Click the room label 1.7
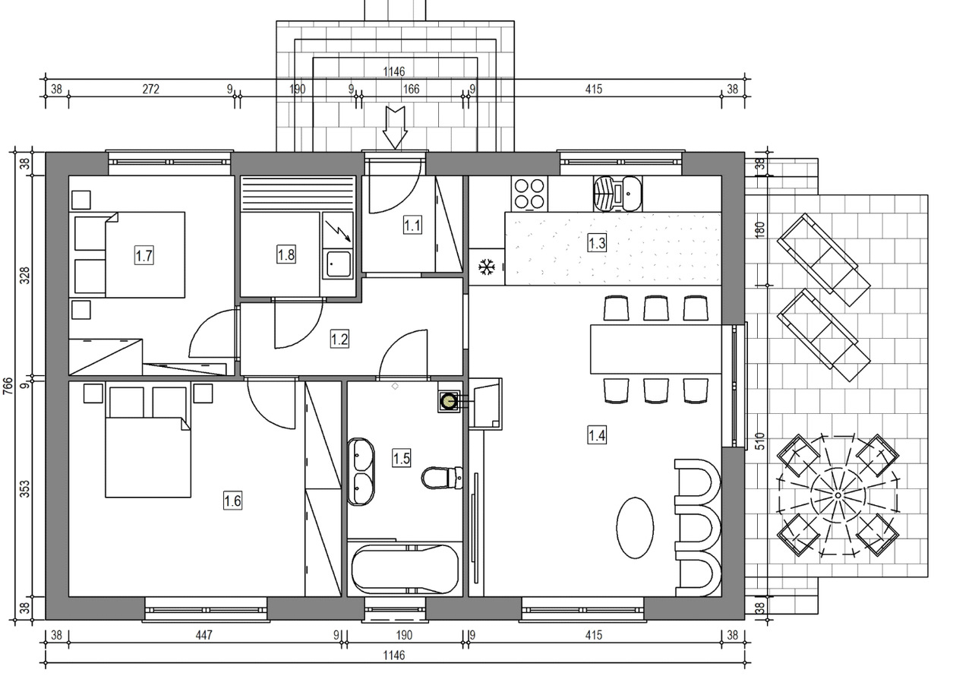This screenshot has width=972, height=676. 144,255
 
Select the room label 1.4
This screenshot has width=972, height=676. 597,434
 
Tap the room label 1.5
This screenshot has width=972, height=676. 401,458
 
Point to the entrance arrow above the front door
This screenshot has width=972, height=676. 394,128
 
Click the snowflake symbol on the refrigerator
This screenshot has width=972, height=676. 487,267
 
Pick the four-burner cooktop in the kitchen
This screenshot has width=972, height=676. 529,194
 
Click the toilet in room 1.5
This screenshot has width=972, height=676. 442,478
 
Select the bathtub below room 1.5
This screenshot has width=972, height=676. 405,569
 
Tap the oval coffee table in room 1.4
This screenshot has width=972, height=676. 635,528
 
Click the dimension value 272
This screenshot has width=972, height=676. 150,89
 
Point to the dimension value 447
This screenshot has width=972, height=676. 204,635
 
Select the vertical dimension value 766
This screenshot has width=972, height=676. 8,386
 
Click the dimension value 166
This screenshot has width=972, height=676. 411,89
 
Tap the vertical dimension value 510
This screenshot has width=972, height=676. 759,441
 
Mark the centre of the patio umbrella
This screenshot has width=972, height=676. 838,495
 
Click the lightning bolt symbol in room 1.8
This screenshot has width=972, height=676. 337,231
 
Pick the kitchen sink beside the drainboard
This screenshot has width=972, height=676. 631,194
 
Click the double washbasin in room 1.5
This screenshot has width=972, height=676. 361,472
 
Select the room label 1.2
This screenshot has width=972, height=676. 339,339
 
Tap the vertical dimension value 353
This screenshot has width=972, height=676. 25,488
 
